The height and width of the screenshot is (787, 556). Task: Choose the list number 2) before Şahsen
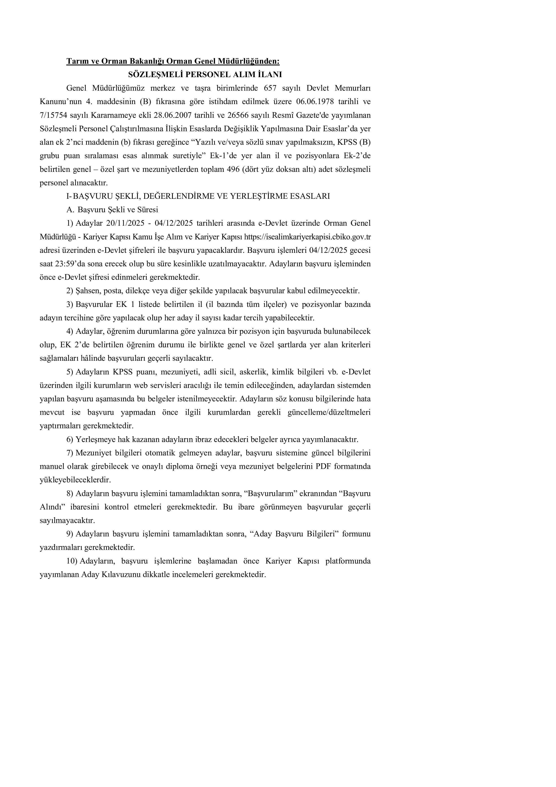[x=70, y=291]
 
